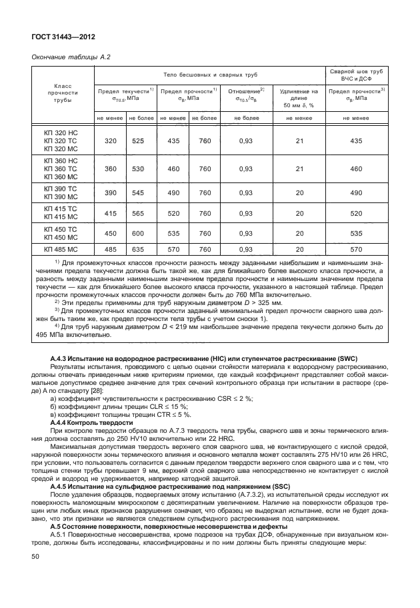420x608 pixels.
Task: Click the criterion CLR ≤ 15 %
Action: click(169, 407)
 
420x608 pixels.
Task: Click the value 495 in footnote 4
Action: click(42, 336)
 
